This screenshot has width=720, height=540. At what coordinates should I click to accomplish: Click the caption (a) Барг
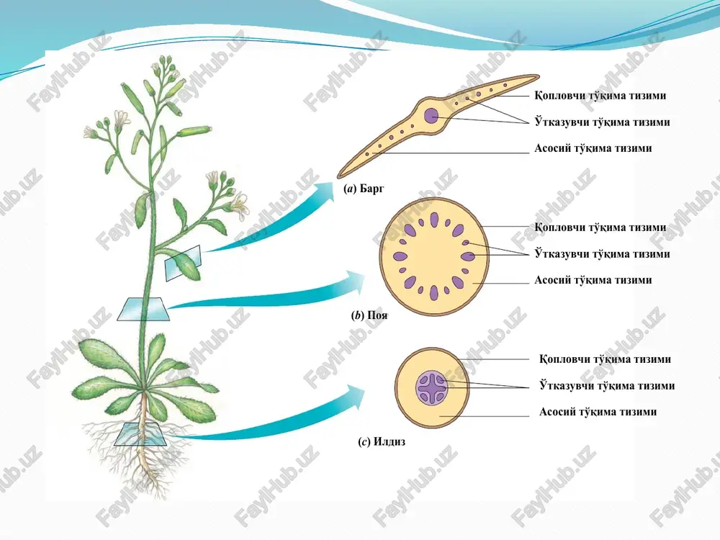364,189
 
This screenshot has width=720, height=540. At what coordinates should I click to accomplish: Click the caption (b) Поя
369,315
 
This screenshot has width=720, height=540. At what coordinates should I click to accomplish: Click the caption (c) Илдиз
382,442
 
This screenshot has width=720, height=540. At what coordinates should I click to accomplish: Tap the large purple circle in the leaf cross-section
431,115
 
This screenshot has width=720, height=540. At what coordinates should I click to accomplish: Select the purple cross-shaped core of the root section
431,389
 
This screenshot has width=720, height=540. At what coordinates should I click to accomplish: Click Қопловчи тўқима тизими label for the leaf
600,96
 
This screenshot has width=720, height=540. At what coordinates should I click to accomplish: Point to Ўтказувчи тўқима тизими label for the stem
602,254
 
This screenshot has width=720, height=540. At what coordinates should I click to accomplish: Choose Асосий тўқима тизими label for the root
598,412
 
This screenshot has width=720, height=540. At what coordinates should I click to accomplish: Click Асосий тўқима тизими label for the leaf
593,148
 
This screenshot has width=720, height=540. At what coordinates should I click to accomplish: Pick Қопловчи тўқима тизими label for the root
606,359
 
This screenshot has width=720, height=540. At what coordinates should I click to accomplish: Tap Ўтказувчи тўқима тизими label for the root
607,386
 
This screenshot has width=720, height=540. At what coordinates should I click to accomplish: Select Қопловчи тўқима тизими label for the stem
600,228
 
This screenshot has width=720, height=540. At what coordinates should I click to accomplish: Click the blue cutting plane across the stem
143,309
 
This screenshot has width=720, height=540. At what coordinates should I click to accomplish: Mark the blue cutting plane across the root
140,434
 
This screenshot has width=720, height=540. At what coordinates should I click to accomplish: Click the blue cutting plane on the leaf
183,262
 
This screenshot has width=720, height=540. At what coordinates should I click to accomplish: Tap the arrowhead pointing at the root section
354,396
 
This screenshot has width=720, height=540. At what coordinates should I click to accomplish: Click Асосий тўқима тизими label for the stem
593,280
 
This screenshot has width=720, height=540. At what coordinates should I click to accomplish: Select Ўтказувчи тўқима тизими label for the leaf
602,122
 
